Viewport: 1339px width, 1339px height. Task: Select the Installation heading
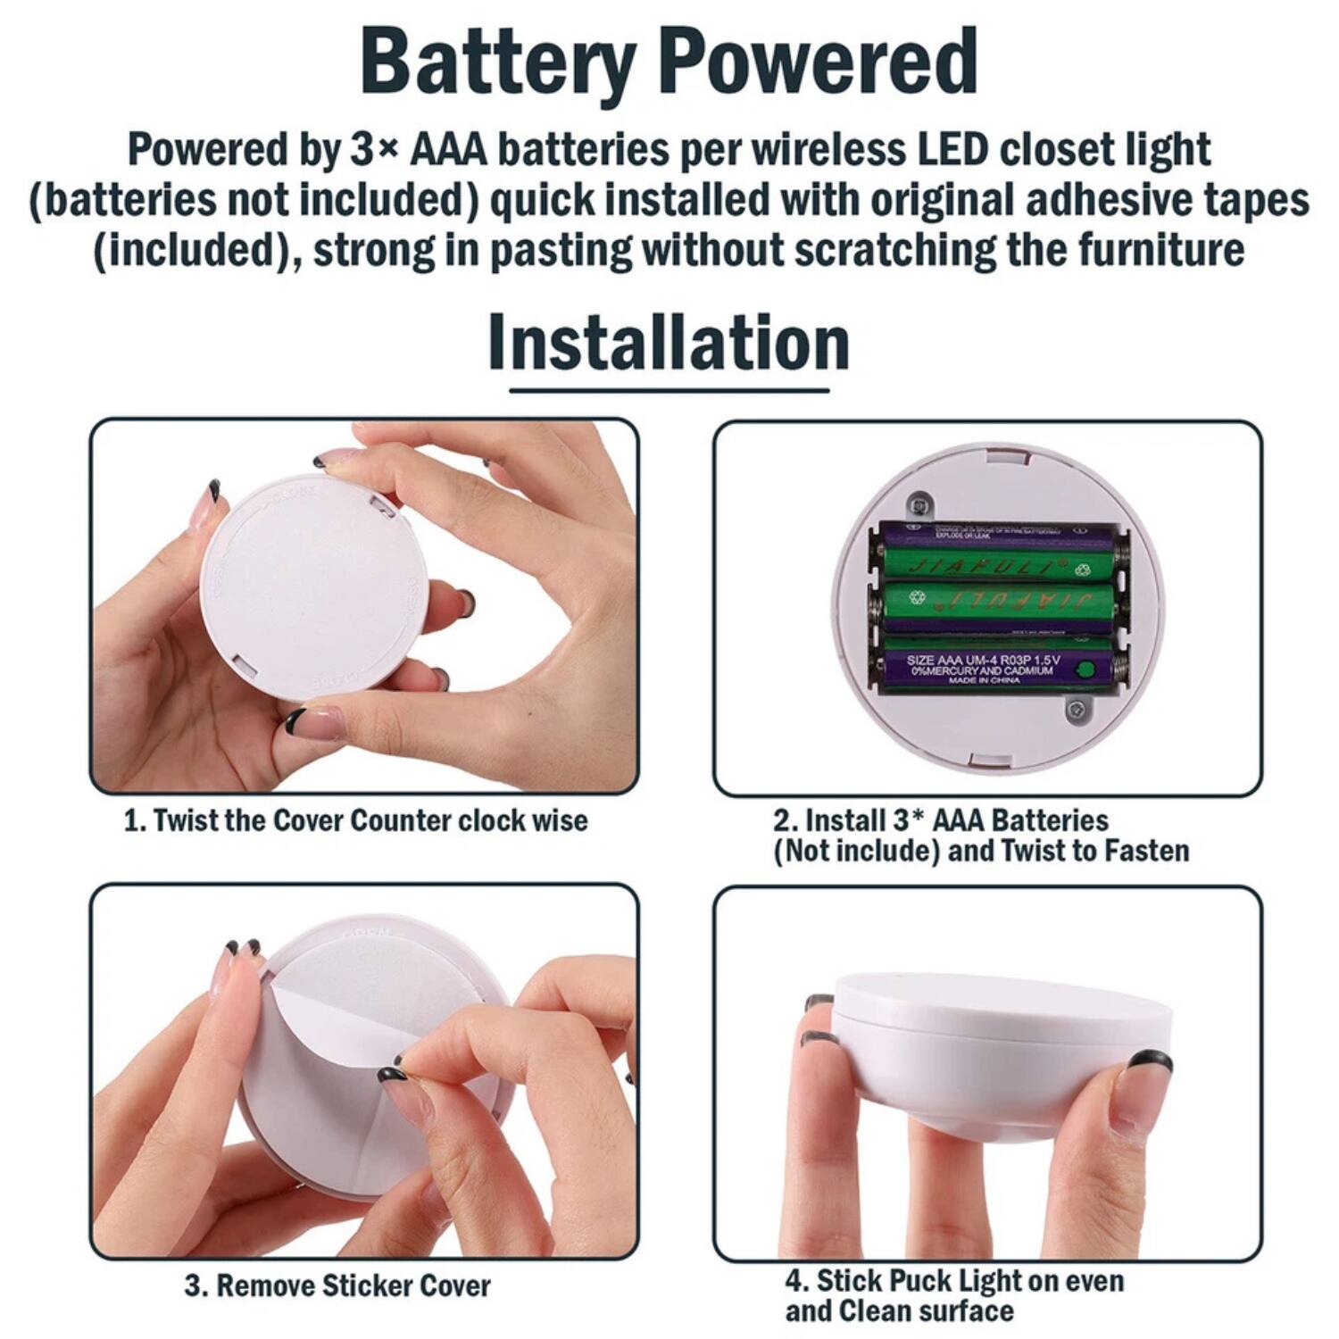(669, 344)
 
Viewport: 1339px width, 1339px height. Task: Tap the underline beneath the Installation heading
(669, 390)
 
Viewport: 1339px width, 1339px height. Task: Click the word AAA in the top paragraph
(448, 150)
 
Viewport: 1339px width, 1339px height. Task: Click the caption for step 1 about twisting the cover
(355, 820)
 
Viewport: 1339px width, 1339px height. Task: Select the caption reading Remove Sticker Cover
(337, 1285)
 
